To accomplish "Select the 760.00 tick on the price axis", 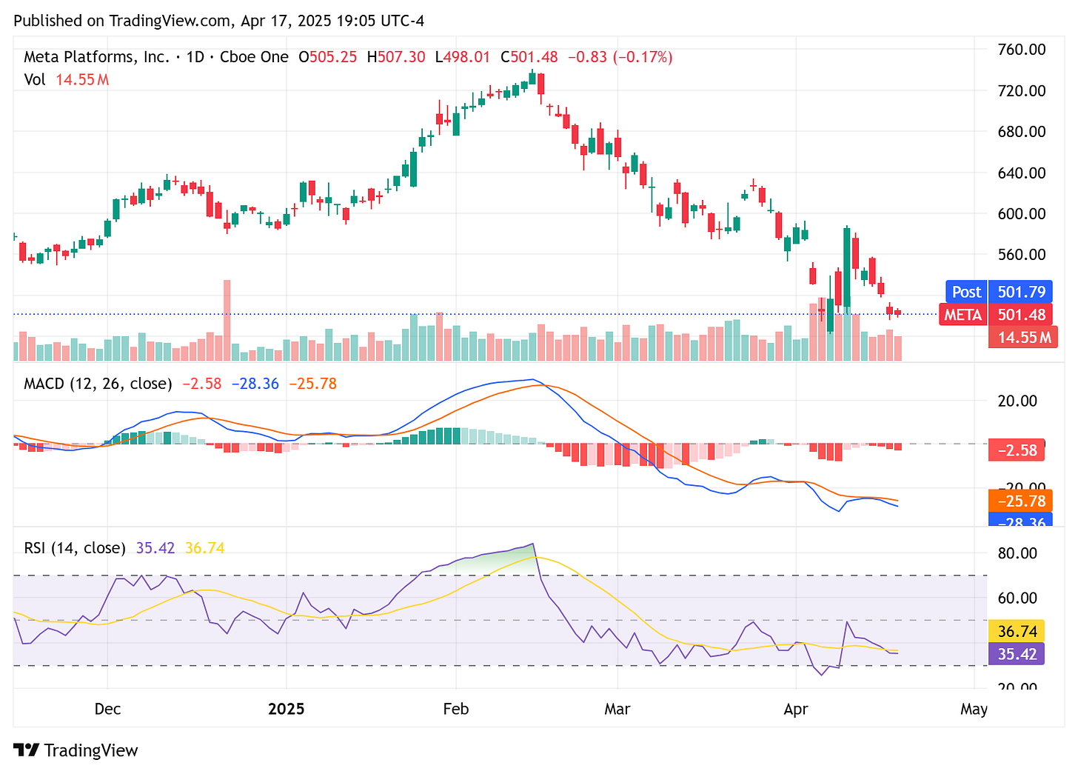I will [x=1022, y=50].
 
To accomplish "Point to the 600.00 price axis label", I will [x=1022, y=213].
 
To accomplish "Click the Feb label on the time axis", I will [x=455, y=709].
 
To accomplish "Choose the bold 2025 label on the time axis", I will [x=286, y=709].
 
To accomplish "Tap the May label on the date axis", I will [x=974, y=709].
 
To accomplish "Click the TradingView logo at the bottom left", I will [x=76, y=750].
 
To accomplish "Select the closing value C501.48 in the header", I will [x=529, y=57].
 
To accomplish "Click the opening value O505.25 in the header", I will [x=328, y=57].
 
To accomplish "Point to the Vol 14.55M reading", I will [x=66, y=79].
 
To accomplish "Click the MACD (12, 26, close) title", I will [x=98, y=384].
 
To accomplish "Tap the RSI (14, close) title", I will [x=75, y=548].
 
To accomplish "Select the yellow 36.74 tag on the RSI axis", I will [x=1017, y=631].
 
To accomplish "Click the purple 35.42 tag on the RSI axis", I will [x=1017, y=654].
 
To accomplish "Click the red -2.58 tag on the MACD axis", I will [x=1017, y=450].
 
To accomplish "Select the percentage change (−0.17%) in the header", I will [x=642, y=57].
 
